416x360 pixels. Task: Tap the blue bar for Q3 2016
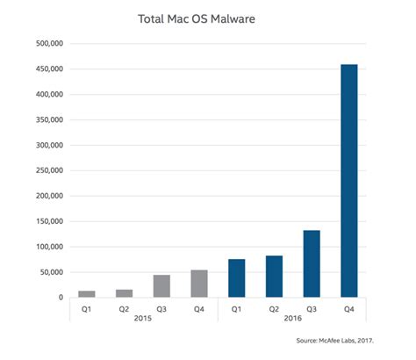(311, 263)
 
